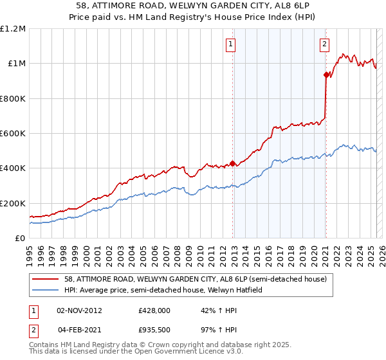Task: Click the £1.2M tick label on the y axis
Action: point(13,29)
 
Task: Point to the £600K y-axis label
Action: point(13,134)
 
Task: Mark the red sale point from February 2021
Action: point(326,75)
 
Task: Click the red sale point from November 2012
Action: point(232,163)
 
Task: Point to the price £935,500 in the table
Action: point(154,330)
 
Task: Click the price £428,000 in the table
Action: point(154,310)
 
